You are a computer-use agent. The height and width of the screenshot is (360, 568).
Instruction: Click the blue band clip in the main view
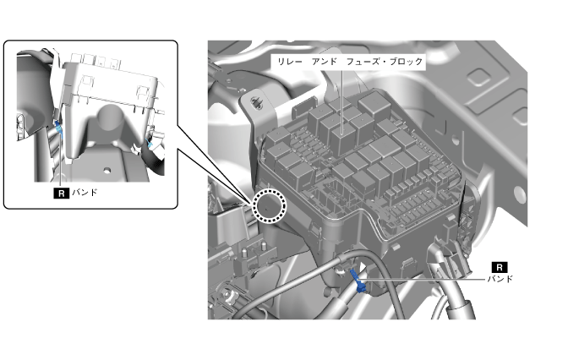click(x=358, y=281)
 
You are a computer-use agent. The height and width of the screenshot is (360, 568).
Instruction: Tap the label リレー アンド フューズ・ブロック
click(x=350, y=62)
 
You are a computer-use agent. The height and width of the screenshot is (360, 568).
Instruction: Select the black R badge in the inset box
click(x=61, y=193)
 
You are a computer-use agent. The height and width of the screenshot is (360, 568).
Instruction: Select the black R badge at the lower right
click(x=500, y=267)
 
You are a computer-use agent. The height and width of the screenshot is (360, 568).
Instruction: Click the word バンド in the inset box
click(x=85, y=193)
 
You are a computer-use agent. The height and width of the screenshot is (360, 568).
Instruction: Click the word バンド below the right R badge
click(x=500, y=279)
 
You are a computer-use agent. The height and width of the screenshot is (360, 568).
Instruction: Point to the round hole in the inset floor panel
click(x=106, y=170)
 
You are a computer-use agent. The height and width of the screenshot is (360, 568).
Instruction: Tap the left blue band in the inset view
click(x=59, y=131)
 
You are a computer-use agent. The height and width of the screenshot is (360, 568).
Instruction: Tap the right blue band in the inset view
click(x=150, y=144)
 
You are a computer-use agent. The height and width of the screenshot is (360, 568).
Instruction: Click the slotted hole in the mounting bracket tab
click(x=258, y=102)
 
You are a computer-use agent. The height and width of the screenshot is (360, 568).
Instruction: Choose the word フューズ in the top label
click(x=363, y=62)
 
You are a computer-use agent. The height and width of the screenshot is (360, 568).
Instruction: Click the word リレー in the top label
click(x=289, y=62)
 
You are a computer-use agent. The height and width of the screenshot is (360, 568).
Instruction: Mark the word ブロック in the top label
click(x=406, y=62)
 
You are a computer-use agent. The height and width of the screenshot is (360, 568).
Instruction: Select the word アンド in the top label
click(x=325, y=62)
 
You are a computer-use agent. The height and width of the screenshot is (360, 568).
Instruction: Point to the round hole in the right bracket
click(x=519, y=193)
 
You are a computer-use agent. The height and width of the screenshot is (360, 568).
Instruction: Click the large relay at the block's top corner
click(x=374, y=104)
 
